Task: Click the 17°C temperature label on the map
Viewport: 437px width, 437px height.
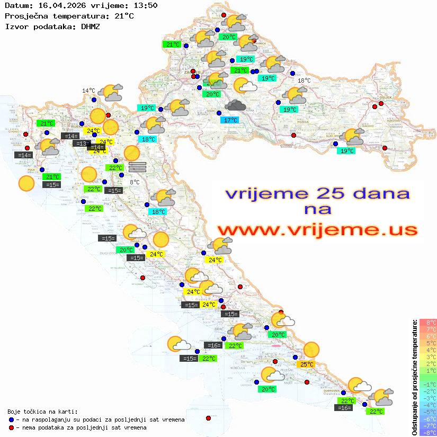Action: click(230, 120)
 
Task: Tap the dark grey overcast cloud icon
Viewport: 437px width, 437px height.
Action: click(235, 105)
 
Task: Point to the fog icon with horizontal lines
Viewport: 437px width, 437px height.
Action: click(137, 166)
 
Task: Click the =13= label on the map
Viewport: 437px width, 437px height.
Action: click(81, 144)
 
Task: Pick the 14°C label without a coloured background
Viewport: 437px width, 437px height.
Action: click(88, 91)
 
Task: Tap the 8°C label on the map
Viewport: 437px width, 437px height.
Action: click(135, 182)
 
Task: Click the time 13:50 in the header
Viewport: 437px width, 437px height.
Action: click(145, 6)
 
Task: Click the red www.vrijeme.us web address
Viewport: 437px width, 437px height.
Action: click(317, 229)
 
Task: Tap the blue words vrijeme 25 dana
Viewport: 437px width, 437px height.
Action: click(317, 193)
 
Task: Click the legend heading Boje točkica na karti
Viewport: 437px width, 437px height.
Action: click(42, 412)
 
